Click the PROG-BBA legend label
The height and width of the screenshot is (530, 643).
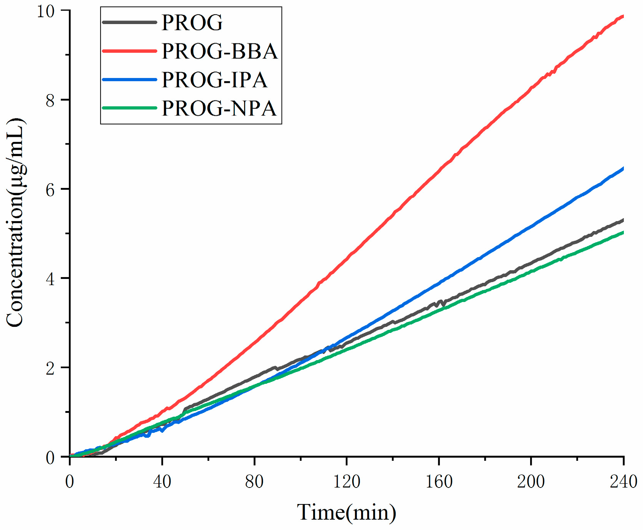point(219,51)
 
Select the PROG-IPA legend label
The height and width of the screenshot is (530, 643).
point(214,80)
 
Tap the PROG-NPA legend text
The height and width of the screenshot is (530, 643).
point(219,108)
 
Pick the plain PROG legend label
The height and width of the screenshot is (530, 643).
point(192,23)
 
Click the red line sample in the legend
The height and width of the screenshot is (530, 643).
point(130,51)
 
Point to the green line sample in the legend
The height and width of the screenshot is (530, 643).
point(130,108)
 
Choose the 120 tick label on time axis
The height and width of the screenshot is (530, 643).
point(347,481)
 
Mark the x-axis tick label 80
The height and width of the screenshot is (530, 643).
point(254,481)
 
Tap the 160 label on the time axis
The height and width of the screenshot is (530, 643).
point(439,481)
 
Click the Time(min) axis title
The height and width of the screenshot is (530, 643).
point(347,512)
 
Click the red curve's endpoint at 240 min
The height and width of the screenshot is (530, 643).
point(623,16)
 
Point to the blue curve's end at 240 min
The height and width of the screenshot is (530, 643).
point(623,168)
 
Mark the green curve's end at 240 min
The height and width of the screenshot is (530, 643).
point(623,232)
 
